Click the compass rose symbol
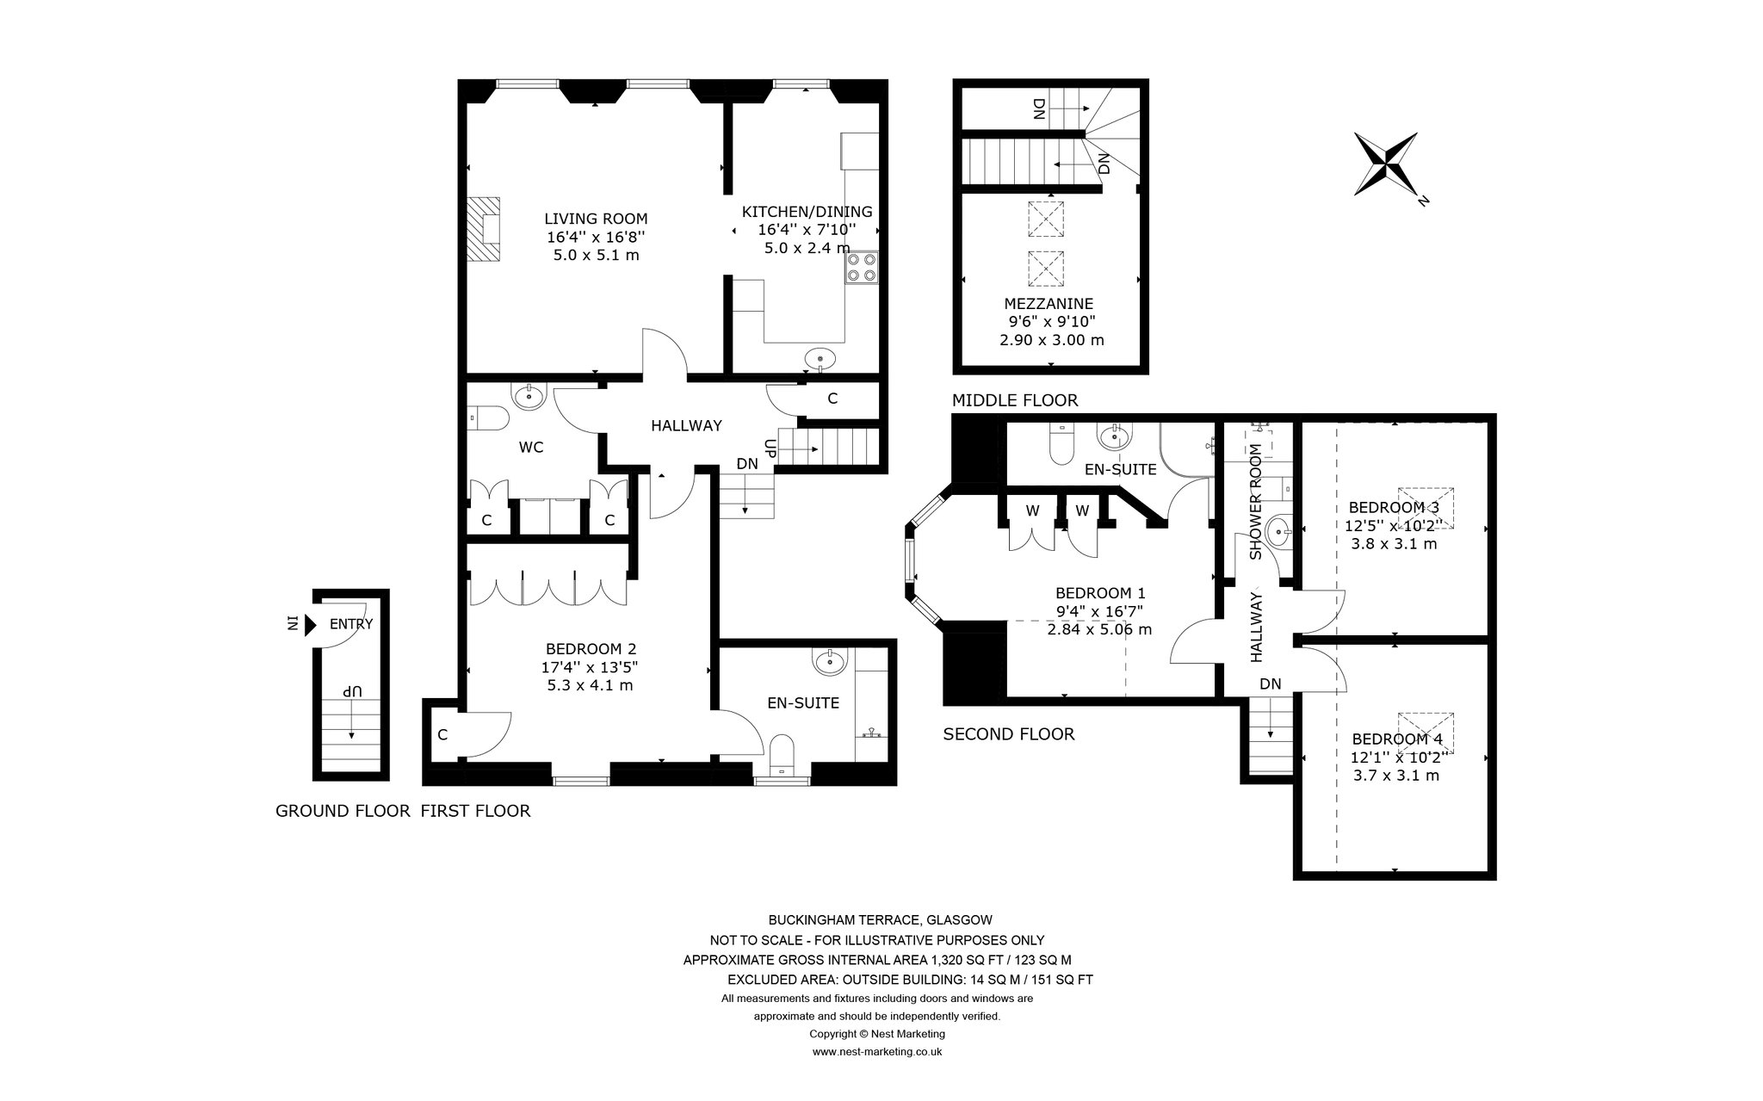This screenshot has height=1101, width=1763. click(x=1386, y=164)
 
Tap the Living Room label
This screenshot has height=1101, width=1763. click(x=596, y=219)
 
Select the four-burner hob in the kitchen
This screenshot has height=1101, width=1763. click(x=863, y=267)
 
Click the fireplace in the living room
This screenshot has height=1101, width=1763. click(x=484, y=229)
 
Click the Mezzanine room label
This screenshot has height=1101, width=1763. click(x=1049, y=303)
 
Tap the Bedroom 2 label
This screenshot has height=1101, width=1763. click(x=591, y=649)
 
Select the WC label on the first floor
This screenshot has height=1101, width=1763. click(x=531, y=448)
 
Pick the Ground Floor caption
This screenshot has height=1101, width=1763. click(x=343, y=811)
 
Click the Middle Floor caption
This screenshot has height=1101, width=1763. click(x=1015, y=400)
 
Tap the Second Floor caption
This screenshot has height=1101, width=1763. click(x=1009, y=734)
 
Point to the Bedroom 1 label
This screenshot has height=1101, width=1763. click(x=1100, y=593)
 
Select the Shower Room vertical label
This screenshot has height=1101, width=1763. click(x=1255, y=501)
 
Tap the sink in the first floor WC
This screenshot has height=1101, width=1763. click(x=528, y=396)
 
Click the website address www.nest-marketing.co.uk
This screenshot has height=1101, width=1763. click(x=877, y=1052)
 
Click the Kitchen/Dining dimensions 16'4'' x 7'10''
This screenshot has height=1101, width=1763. click(x=807, y=230)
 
